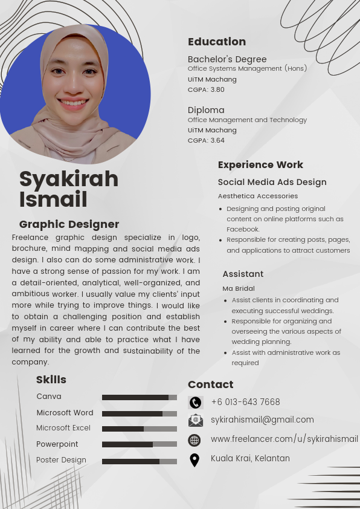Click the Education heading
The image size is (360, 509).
217,42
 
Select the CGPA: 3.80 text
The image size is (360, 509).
206,89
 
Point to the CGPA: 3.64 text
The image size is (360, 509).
206,140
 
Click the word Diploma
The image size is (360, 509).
206,110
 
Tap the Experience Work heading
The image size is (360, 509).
260,164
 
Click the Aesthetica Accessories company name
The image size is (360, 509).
258,196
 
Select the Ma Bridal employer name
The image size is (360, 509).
239,288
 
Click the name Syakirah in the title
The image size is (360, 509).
69,179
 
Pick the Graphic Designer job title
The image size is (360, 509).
69,224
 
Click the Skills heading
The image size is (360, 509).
51,380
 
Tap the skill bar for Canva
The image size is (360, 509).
140,397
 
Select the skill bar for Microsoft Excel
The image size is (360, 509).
140,429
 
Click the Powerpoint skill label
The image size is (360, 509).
57,444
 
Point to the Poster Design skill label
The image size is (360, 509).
61,460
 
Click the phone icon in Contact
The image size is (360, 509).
195,403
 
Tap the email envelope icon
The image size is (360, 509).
195,420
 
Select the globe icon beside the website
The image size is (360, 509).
194,440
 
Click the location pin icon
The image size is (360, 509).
194,460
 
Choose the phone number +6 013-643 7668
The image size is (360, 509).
245,402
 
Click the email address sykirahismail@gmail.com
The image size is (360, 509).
262,420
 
